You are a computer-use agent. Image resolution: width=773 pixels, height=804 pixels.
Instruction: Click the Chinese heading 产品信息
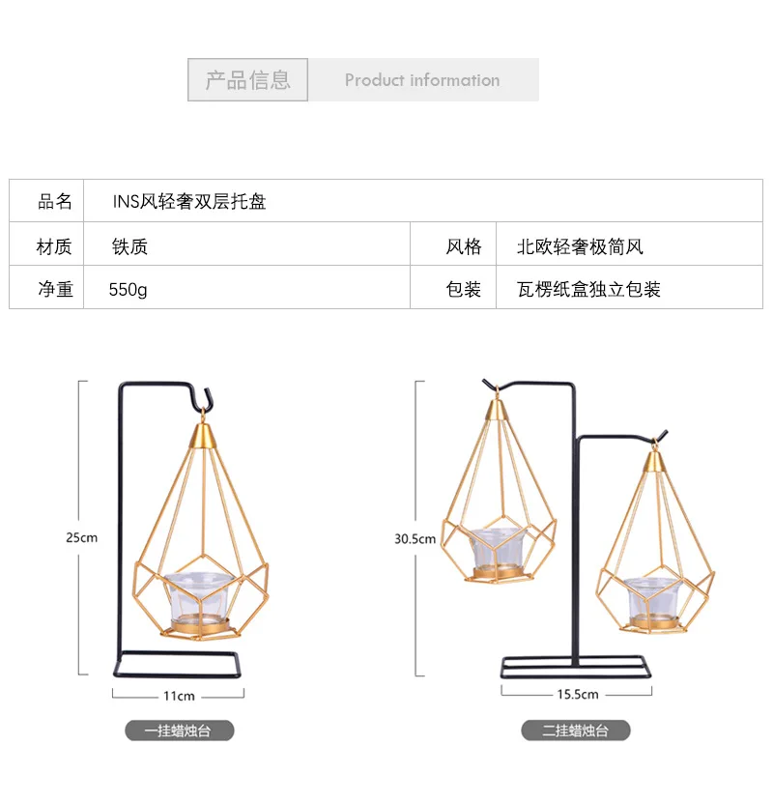click(247, 80)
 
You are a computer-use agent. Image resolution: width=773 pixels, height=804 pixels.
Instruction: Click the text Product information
click(422, 80)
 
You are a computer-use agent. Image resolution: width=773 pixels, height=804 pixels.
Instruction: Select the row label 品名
click(54, 202)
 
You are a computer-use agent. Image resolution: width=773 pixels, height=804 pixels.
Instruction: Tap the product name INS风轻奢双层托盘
click(189, 201)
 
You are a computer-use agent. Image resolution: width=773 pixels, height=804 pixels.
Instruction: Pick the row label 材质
click(54, 246)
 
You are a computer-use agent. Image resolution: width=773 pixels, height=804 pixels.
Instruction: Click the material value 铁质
click(129, 246)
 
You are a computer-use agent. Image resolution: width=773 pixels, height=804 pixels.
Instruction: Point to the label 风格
click(464, 246)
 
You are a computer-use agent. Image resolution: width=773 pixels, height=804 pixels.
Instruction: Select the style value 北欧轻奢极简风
click(580, 246)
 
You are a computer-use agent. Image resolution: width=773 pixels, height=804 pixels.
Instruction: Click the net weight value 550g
click(128, 290)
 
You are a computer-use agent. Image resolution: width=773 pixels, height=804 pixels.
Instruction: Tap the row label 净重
click(55, 289)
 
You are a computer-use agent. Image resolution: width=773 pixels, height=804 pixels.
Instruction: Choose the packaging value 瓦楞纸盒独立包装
click(588, 289)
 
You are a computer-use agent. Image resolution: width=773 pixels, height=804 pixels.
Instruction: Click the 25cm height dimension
click(81, 537)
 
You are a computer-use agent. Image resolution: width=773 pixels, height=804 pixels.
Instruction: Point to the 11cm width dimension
click(179, 696)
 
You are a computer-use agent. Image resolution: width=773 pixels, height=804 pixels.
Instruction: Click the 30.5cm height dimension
click(415, 539)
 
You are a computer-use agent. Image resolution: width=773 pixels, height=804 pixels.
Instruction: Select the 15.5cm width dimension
click(578, 694)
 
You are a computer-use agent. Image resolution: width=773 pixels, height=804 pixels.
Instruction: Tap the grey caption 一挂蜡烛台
click(180, 731)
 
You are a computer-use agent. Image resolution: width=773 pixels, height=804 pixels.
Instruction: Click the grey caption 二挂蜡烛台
click(576, 731)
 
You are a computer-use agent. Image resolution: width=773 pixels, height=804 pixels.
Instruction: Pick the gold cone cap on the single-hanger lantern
click(203, 435)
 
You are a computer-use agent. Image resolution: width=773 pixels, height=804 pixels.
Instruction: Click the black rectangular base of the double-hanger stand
click(576, 667)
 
